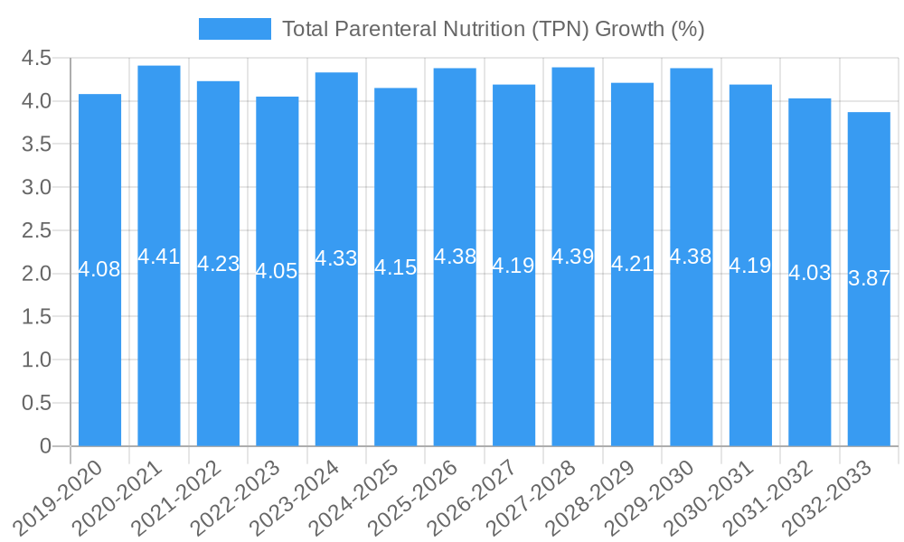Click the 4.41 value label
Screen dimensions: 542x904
159,257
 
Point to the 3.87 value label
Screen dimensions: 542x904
869,279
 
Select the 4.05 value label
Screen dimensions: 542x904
277,271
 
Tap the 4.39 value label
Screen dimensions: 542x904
573,257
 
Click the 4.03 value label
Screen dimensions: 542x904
810,273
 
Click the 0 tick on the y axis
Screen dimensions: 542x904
46,446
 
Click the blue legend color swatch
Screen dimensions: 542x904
235,29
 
